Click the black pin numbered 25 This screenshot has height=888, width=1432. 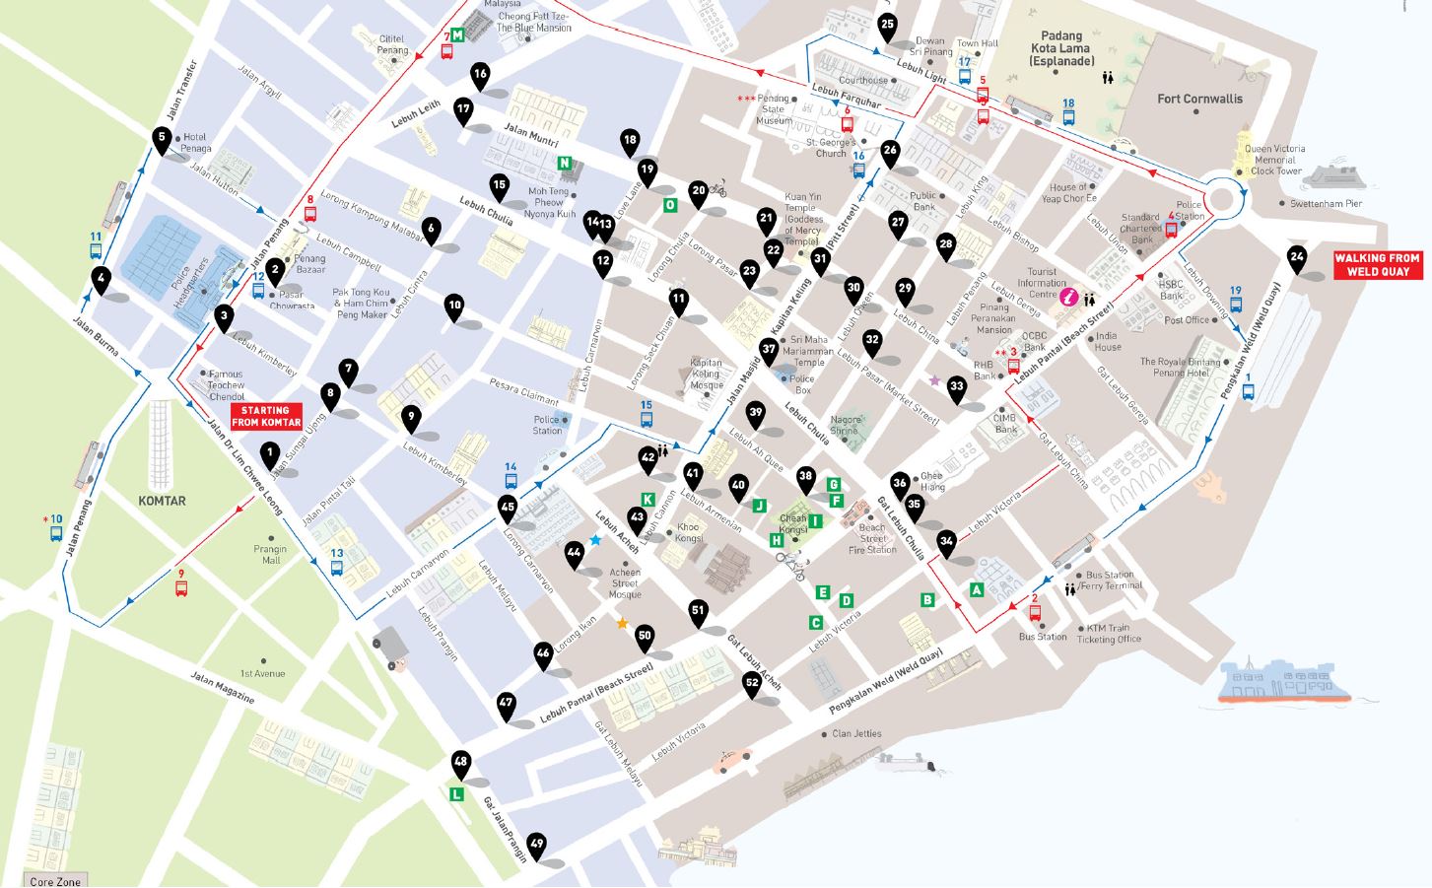(887, 26)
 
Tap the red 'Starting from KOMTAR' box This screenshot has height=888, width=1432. (266, 416)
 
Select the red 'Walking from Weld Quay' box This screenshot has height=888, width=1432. (1377, 264)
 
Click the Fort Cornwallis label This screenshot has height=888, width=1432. (1199, 99)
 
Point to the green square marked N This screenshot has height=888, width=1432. (564, 164)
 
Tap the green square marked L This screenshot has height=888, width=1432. (456, 793)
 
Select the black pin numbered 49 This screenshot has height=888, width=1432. (536, 845)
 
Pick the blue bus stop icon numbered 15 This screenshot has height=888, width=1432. (647, 418)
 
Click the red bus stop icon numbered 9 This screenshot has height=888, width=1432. (181, 587)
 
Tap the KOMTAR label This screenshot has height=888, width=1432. (162, 501)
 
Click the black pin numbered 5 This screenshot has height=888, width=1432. (162, 139)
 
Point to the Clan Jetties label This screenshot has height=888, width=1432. (855, 734)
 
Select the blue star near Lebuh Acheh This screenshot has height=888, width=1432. (595, 540)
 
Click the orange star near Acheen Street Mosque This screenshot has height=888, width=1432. (622, 623)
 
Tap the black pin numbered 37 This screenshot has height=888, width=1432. (770, 349)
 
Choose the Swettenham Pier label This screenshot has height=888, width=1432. (1326, 204)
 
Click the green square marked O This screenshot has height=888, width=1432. (670, 205)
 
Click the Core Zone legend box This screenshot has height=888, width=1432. (55, 880)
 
